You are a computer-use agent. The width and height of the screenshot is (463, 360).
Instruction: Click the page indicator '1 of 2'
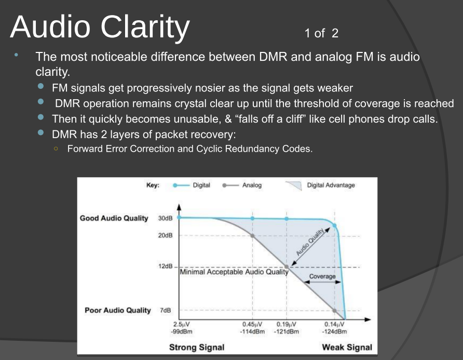click(x=321, y=33)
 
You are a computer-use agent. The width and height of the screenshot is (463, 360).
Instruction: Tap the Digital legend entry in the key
click(x=201, y=185)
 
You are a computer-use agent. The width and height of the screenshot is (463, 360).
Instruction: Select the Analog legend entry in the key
click(x=252, y=185)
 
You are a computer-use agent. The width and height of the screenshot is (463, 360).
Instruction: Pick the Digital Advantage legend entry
click(x=331, y=185)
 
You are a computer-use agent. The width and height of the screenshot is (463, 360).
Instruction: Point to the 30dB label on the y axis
click(x=165, y=218)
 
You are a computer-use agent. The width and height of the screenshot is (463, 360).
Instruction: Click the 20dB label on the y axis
click(x=165, y=235)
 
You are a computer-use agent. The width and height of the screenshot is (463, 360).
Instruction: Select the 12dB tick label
click(x=165, y=266)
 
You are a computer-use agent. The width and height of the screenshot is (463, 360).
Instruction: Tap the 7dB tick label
click(x=165, y=310)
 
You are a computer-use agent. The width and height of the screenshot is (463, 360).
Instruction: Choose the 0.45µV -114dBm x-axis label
click(x=252, y=328)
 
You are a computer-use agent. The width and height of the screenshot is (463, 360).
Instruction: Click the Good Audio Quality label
click(x=114, y=218)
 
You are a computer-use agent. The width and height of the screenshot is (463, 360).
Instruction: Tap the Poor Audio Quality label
click(x=117, y=310)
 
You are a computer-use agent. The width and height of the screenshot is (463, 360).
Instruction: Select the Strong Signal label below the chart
click(x=197, y=348)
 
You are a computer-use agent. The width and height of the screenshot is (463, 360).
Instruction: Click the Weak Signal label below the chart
click(x=347, y=348)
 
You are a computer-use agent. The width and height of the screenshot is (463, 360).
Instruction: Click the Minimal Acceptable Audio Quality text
click(x=234, y=272)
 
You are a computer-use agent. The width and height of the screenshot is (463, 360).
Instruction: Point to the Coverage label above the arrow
click(x=322, y=276)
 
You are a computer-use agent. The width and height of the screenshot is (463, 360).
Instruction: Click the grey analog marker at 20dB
click(x=252, y=235)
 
